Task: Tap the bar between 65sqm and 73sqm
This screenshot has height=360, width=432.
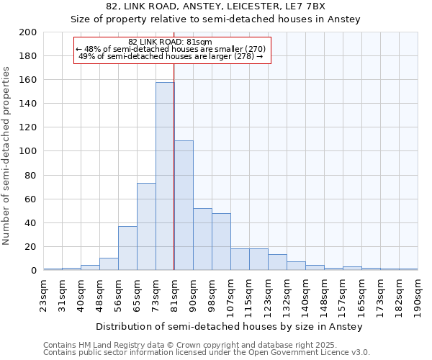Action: click(146, 227)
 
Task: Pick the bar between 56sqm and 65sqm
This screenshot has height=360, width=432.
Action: click(127, 248)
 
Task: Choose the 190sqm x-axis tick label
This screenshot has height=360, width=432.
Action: click(418, 294)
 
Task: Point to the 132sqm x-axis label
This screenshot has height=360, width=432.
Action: click(287, 294)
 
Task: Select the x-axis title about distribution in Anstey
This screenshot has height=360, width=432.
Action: click(229, 326)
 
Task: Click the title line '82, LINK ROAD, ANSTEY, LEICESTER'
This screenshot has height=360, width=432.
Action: click(215, 6)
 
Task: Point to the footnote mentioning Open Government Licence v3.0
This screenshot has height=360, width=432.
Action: click(207, 353)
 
